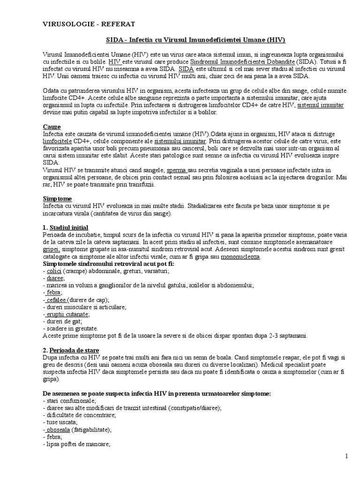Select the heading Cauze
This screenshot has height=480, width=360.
(x=52, y=127)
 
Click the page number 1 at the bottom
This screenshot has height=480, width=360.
(x=345, y=457)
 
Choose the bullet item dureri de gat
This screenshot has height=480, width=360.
(x=62, y=321)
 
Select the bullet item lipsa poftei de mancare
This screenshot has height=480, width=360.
(x=75, y=444)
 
